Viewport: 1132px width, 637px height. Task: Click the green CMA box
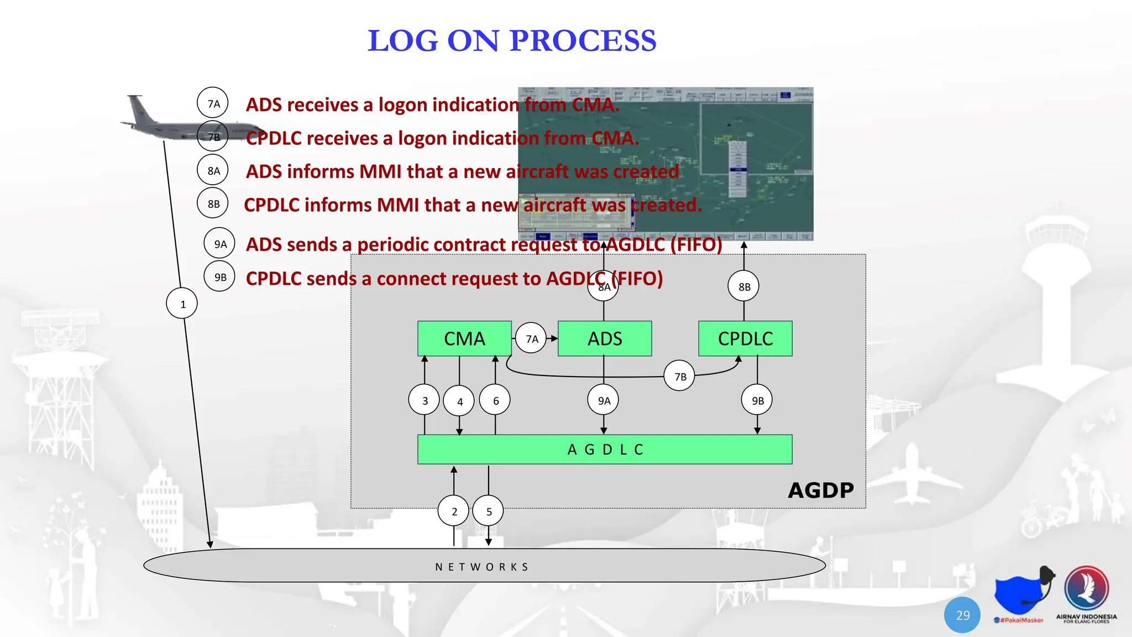click(464, 338)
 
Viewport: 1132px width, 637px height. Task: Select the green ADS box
click(605, 338)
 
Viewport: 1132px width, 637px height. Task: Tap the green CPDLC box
click(745, 338)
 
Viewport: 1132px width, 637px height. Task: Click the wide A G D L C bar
click(605, 450)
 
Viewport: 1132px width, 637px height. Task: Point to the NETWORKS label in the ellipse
click(482, 567)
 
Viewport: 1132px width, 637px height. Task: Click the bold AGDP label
click(821, 490)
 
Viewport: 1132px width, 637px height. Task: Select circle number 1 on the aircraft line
click(182, 304)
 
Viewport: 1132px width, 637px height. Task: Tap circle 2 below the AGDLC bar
click(454, 511)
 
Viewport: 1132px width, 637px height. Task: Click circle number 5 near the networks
click(489, 511)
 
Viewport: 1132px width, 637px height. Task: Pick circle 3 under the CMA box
click(424, 400)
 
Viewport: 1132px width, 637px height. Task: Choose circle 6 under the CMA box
click(495, 400)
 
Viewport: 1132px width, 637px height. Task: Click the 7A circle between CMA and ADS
click(531, 338)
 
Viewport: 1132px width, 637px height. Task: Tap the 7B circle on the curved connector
click(680, 376)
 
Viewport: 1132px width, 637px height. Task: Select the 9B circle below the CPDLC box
click(757, 400)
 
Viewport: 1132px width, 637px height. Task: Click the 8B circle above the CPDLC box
click(744, 286)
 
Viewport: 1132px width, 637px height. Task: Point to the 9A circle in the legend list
click(220, 244)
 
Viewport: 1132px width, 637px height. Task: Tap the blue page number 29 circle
click(962, 615)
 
